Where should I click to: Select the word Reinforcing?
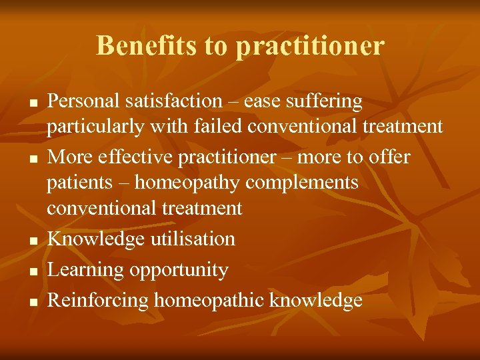(98, 301)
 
